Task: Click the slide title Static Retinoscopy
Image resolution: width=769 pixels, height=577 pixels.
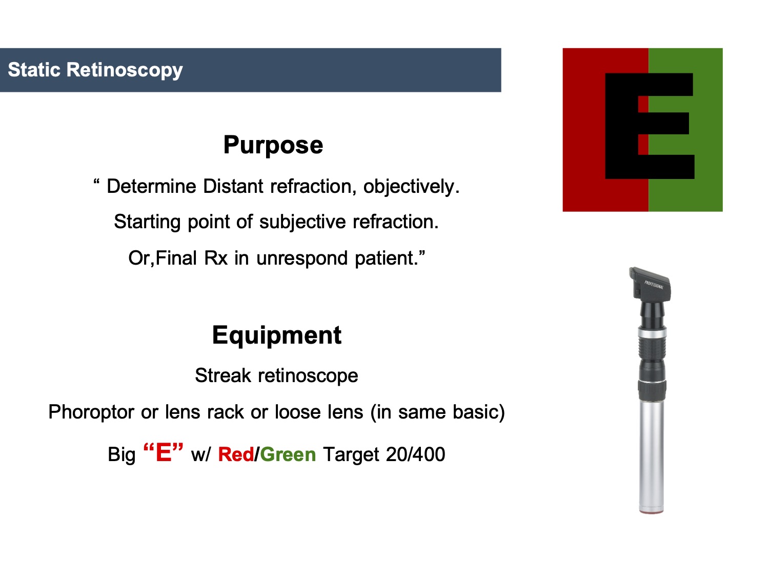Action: [x=95, y=70]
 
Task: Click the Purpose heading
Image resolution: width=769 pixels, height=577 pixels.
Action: [x=273, y=145]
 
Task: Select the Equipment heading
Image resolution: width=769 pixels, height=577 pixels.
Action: [x=277, y=336]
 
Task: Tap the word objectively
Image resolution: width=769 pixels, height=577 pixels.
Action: [x=411, y=186]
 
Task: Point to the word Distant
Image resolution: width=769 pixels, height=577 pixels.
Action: [x=233, y=186]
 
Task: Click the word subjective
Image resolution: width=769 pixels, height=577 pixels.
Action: [x=302, y=222]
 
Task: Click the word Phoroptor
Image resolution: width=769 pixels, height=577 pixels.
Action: [x=91, y=412]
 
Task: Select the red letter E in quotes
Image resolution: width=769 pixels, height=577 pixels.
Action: [x=164, y=452]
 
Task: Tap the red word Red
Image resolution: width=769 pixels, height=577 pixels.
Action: [x=236, y=455]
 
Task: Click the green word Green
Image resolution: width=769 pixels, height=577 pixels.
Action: [x=288, y=455]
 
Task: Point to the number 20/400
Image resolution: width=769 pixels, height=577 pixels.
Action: [x=415, y=454]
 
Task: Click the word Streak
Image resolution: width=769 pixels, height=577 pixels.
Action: [x=223, y=375]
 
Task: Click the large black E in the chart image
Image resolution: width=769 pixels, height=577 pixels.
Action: [x=649, y=126]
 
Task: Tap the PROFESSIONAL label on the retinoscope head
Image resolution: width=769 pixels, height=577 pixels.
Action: [x=654, y=285]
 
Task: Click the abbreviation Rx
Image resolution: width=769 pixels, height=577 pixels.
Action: [x=216, y=258]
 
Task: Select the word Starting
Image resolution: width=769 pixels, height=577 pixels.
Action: [x=147, y=222]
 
